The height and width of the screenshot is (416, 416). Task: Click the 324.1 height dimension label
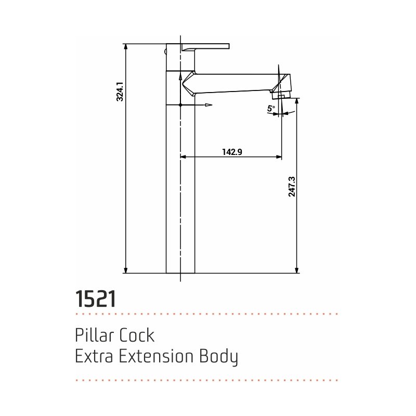tap(120, 92)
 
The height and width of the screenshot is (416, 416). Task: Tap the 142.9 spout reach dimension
tap(232, 152)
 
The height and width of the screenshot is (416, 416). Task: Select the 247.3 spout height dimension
tap(292, 187)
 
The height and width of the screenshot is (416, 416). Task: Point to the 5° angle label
tap(271, 109)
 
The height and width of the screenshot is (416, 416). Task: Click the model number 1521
tap(96, 298)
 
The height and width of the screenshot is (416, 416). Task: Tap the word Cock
tap(137, 335)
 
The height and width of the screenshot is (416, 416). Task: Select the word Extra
tap(94, 356)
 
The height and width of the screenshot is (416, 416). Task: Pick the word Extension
tap(156, 356)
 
